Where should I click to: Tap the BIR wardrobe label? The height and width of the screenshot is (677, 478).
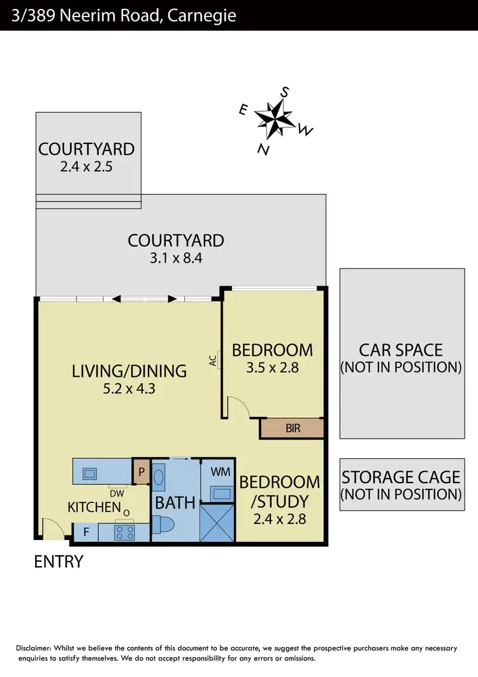[293, 429]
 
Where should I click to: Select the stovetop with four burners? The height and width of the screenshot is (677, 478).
[124, 532]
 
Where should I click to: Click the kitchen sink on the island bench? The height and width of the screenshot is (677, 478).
[89, 473]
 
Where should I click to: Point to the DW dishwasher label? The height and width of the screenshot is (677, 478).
[117, 493]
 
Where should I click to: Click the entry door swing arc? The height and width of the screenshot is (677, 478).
[51, 528]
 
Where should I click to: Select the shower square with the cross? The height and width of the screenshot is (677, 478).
[217, 523]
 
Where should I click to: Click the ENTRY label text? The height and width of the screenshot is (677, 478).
[59, 562]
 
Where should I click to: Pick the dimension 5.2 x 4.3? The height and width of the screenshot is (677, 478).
[129, 388]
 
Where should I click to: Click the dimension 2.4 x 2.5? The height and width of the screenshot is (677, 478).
[87, 167]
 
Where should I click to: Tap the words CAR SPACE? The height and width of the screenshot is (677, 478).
[401, 350]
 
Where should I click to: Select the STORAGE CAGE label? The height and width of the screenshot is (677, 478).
[401, 477]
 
